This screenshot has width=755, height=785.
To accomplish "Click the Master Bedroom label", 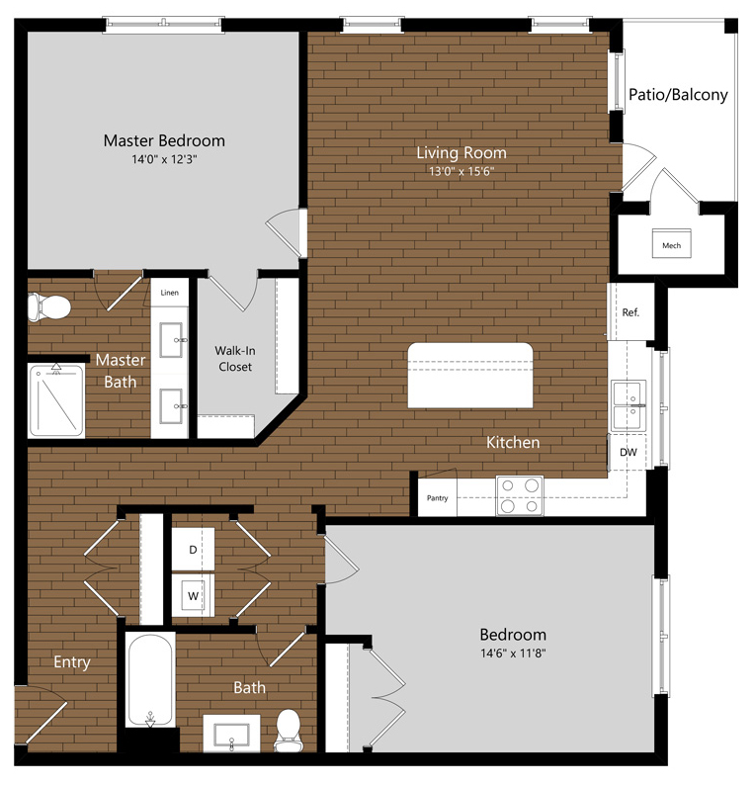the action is click(164, 140).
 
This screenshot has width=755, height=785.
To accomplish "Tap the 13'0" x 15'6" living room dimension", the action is click(461, 171).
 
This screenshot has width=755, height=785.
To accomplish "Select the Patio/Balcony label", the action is click(678, 95).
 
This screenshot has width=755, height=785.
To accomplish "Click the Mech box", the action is click(671, 244).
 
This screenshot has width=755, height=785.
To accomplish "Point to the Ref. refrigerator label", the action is click(630, 312).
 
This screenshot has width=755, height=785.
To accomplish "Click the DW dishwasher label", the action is click(629, 452).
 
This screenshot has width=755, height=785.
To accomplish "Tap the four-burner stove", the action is click(520, 495).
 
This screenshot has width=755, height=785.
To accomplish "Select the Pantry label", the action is click(438, 498).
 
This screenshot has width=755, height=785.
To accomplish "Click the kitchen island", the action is click(469, 376).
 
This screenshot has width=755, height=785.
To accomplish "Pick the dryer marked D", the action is click(193, 549).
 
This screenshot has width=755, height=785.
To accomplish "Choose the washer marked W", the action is click(193, 595).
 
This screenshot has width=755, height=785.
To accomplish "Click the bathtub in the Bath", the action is click(150, 681).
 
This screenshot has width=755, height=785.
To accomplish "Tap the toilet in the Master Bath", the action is click(48, 306).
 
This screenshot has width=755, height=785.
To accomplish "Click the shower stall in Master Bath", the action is click(56, 400).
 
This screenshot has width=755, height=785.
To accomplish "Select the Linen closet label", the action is click(170, 293).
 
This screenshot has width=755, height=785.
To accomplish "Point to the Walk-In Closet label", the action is click(235, 359).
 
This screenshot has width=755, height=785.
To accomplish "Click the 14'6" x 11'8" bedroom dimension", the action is click(513, 653).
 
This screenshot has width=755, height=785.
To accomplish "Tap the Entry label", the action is click(72, 662).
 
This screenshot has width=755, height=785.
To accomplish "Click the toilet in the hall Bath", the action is click(289, 731).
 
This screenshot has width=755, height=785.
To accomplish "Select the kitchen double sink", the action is click(629, 405).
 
